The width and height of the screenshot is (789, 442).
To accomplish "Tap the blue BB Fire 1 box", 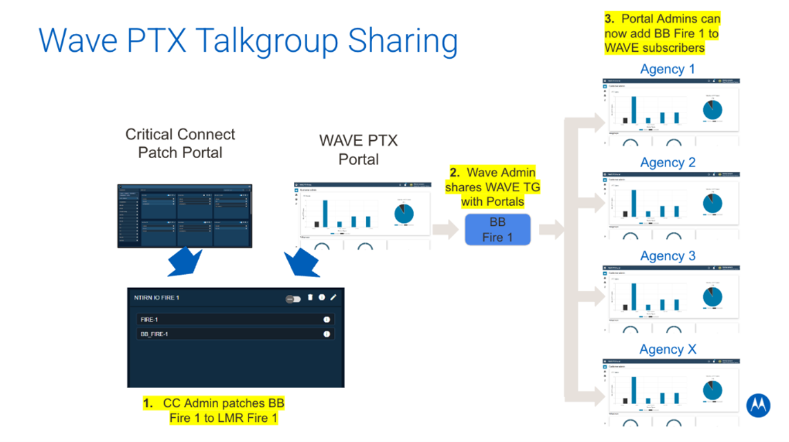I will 497,230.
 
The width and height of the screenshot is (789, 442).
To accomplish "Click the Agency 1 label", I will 668,69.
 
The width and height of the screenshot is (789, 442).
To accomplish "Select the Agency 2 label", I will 668,162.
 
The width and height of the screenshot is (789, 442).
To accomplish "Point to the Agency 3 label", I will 668,256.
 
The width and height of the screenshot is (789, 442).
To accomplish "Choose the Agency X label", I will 668,349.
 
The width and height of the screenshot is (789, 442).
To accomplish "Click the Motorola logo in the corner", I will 758,405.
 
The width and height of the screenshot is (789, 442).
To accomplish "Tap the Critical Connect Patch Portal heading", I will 180,143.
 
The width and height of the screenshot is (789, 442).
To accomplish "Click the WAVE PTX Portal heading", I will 358,150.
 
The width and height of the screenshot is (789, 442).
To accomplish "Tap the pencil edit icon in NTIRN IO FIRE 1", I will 333,298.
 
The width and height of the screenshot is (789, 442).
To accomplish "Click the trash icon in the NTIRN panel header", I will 310,298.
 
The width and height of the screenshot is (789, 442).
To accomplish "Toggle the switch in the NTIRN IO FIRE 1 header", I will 293,299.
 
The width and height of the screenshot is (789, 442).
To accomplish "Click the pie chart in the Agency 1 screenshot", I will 712,110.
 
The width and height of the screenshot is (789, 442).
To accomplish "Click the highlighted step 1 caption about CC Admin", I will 213,410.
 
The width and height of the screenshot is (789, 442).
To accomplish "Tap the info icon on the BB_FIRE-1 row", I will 327,334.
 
